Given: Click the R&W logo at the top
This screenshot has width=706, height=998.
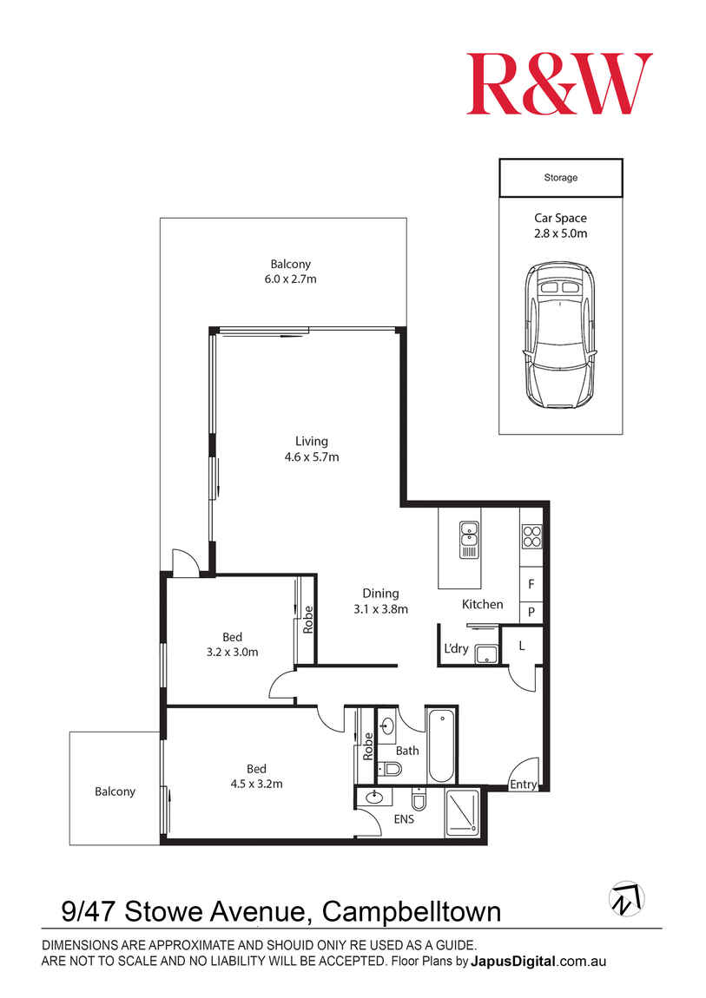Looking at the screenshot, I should point(558,83).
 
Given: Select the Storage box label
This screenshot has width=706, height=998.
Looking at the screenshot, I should point(560,178).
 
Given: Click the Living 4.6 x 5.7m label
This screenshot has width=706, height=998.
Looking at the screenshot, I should point(311,450).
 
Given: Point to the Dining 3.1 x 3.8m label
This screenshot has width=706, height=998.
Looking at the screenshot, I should point(380,601).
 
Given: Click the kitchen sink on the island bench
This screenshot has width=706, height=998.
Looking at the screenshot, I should point(469,540).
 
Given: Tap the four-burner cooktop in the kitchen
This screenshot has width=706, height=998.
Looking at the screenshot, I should point(531,537).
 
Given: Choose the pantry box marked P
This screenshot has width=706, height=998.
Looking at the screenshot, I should point(531,613).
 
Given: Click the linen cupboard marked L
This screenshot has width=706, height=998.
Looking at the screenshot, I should point(521,646).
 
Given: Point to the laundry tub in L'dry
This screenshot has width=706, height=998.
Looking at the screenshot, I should point(485,653).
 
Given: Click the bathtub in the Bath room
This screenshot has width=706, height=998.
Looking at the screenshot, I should point(440,745).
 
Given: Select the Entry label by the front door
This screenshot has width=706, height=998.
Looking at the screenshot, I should point(523,785).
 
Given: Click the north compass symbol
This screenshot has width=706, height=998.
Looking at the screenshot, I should point(626,899).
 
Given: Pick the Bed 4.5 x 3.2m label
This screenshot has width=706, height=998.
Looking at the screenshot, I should point(256,776).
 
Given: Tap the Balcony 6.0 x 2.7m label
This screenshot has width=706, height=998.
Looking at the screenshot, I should point(290,272).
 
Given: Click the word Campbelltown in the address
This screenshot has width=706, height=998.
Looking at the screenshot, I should point(412,912).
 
